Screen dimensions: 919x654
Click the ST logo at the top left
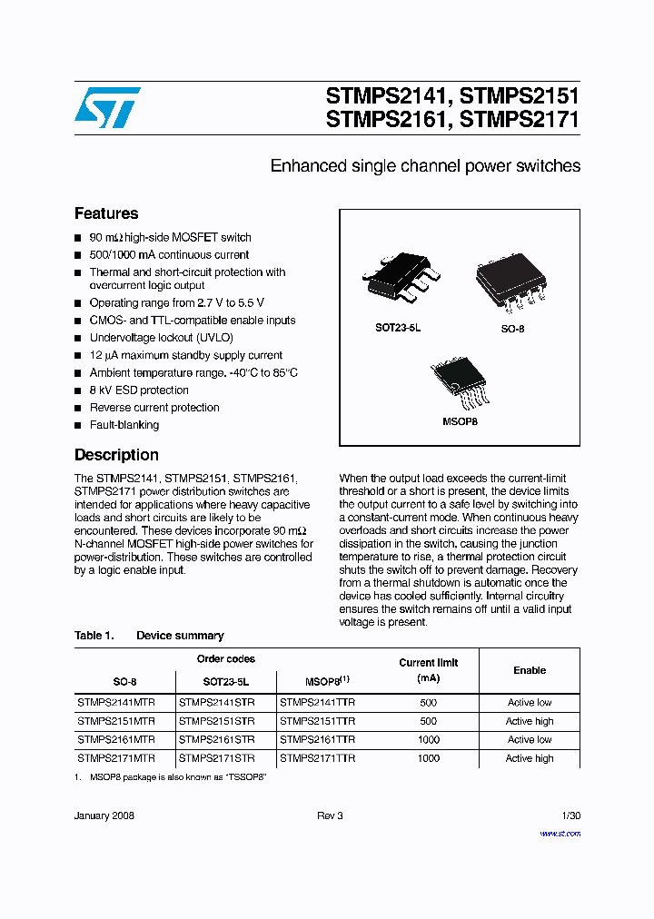[x=107, y=107]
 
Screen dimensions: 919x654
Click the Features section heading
[x=106, y=213]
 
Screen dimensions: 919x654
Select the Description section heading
[x=116, y=455]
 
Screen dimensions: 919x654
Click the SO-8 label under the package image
[x=512, y=329]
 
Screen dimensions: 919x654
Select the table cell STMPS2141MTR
[x=116, y=703]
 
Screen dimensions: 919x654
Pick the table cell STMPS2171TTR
[x=317, y=758]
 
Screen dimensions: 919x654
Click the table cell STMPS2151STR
[x=216, y=721]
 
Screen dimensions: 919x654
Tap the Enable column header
[x=530, y=670]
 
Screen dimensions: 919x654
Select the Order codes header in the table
[x=226, y=659]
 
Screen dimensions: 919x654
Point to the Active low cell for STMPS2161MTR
[x=530, y=740]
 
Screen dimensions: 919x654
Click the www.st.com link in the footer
[x=560, y=834]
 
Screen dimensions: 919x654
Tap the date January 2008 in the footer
[x=104, y=816]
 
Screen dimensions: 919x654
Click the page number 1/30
[x=570, y=816]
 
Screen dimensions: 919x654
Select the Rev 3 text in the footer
[x=330, y=816]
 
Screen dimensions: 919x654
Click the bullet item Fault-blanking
[x=124, y=425]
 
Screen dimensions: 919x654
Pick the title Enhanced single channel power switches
[x=425, y=166]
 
